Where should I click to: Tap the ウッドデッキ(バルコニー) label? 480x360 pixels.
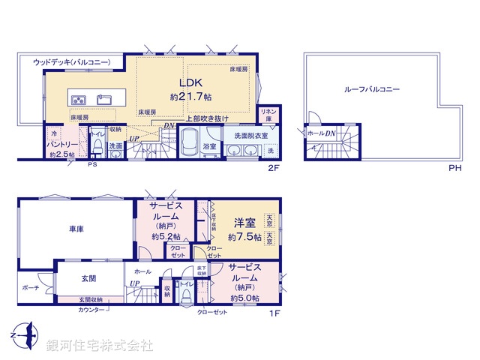click(71, 62)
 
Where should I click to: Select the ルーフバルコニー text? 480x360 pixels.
click(372, 89)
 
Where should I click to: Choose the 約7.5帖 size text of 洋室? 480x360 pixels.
click(244, 237)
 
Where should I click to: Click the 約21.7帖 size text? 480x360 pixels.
click(190, 97)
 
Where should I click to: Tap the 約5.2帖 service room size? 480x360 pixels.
click(166, 237)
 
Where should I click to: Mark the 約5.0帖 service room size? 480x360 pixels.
click(244, 298)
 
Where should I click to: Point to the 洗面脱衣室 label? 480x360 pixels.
click(250, 135)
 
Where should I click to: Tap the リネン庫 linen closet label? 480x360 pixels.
click(268, 115)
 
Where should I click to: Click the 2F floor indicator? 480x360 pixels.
click(274, 167)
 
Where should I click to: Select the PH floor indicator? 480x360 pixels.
click(454, 167)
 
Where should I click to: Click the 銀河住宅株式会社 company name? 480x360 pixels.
click(100, 346)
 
